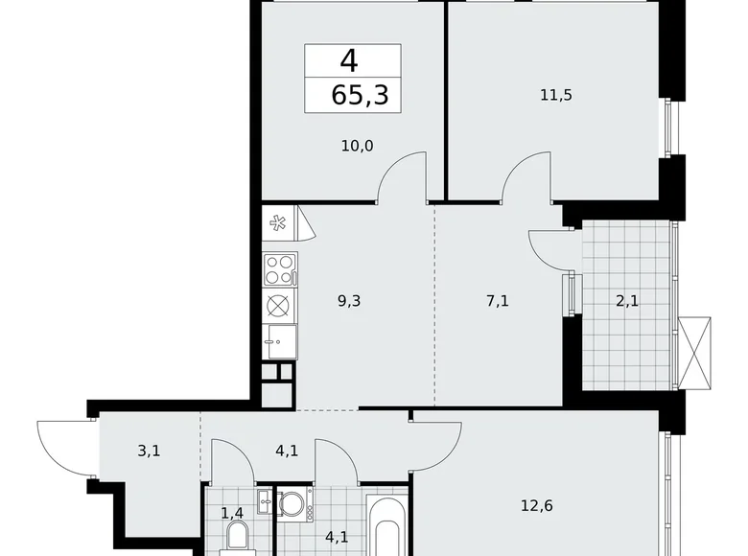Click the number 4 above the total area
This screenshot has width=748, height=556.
tap(349, 61)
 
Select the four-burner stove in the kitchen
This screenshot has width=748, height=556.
tap(280, 269)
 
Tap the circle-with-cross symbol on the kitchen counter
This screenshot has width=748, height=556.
tap(279, 306)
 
